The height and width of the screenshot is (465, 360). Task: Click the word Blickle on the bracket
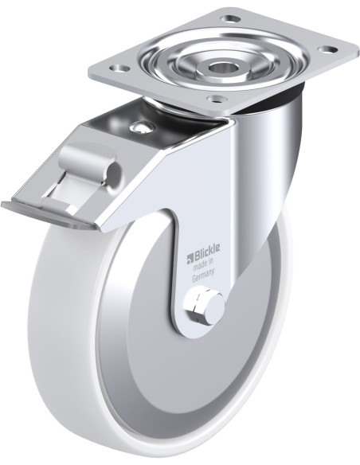[207, 249]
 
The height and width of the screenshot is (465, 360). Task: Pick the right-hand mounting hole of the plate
[328, 49]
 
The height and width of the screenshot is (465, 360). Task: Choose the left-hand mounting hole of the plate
[120, 68]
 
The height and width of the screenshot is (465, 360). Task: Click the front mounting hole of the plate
[216, 98]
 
